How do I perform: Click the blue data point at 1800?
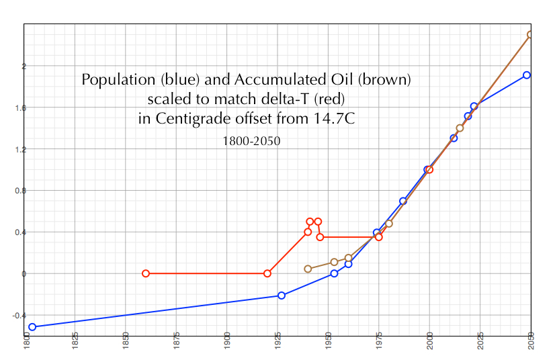pos(32,327)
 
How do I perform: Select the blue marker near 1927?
pos(282,296)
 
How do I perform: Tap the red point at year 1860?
pos(146,273)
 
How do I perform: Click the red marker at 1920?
pos(267,273)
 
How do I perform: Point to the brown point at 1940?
pos(308,269)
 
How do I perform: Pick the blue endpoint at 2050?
pos(527,75)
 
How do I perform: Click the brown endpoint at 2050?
pos(530,34)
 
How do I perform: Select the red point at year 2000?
pos(430,170)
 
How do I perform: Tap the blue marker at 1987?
pos(403,201)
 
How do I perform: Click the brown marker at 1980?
pos(389,224)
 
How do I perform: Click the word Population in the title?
pos(115,80)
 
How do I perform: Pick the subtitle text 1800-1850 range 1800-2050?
pos(251,142)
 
